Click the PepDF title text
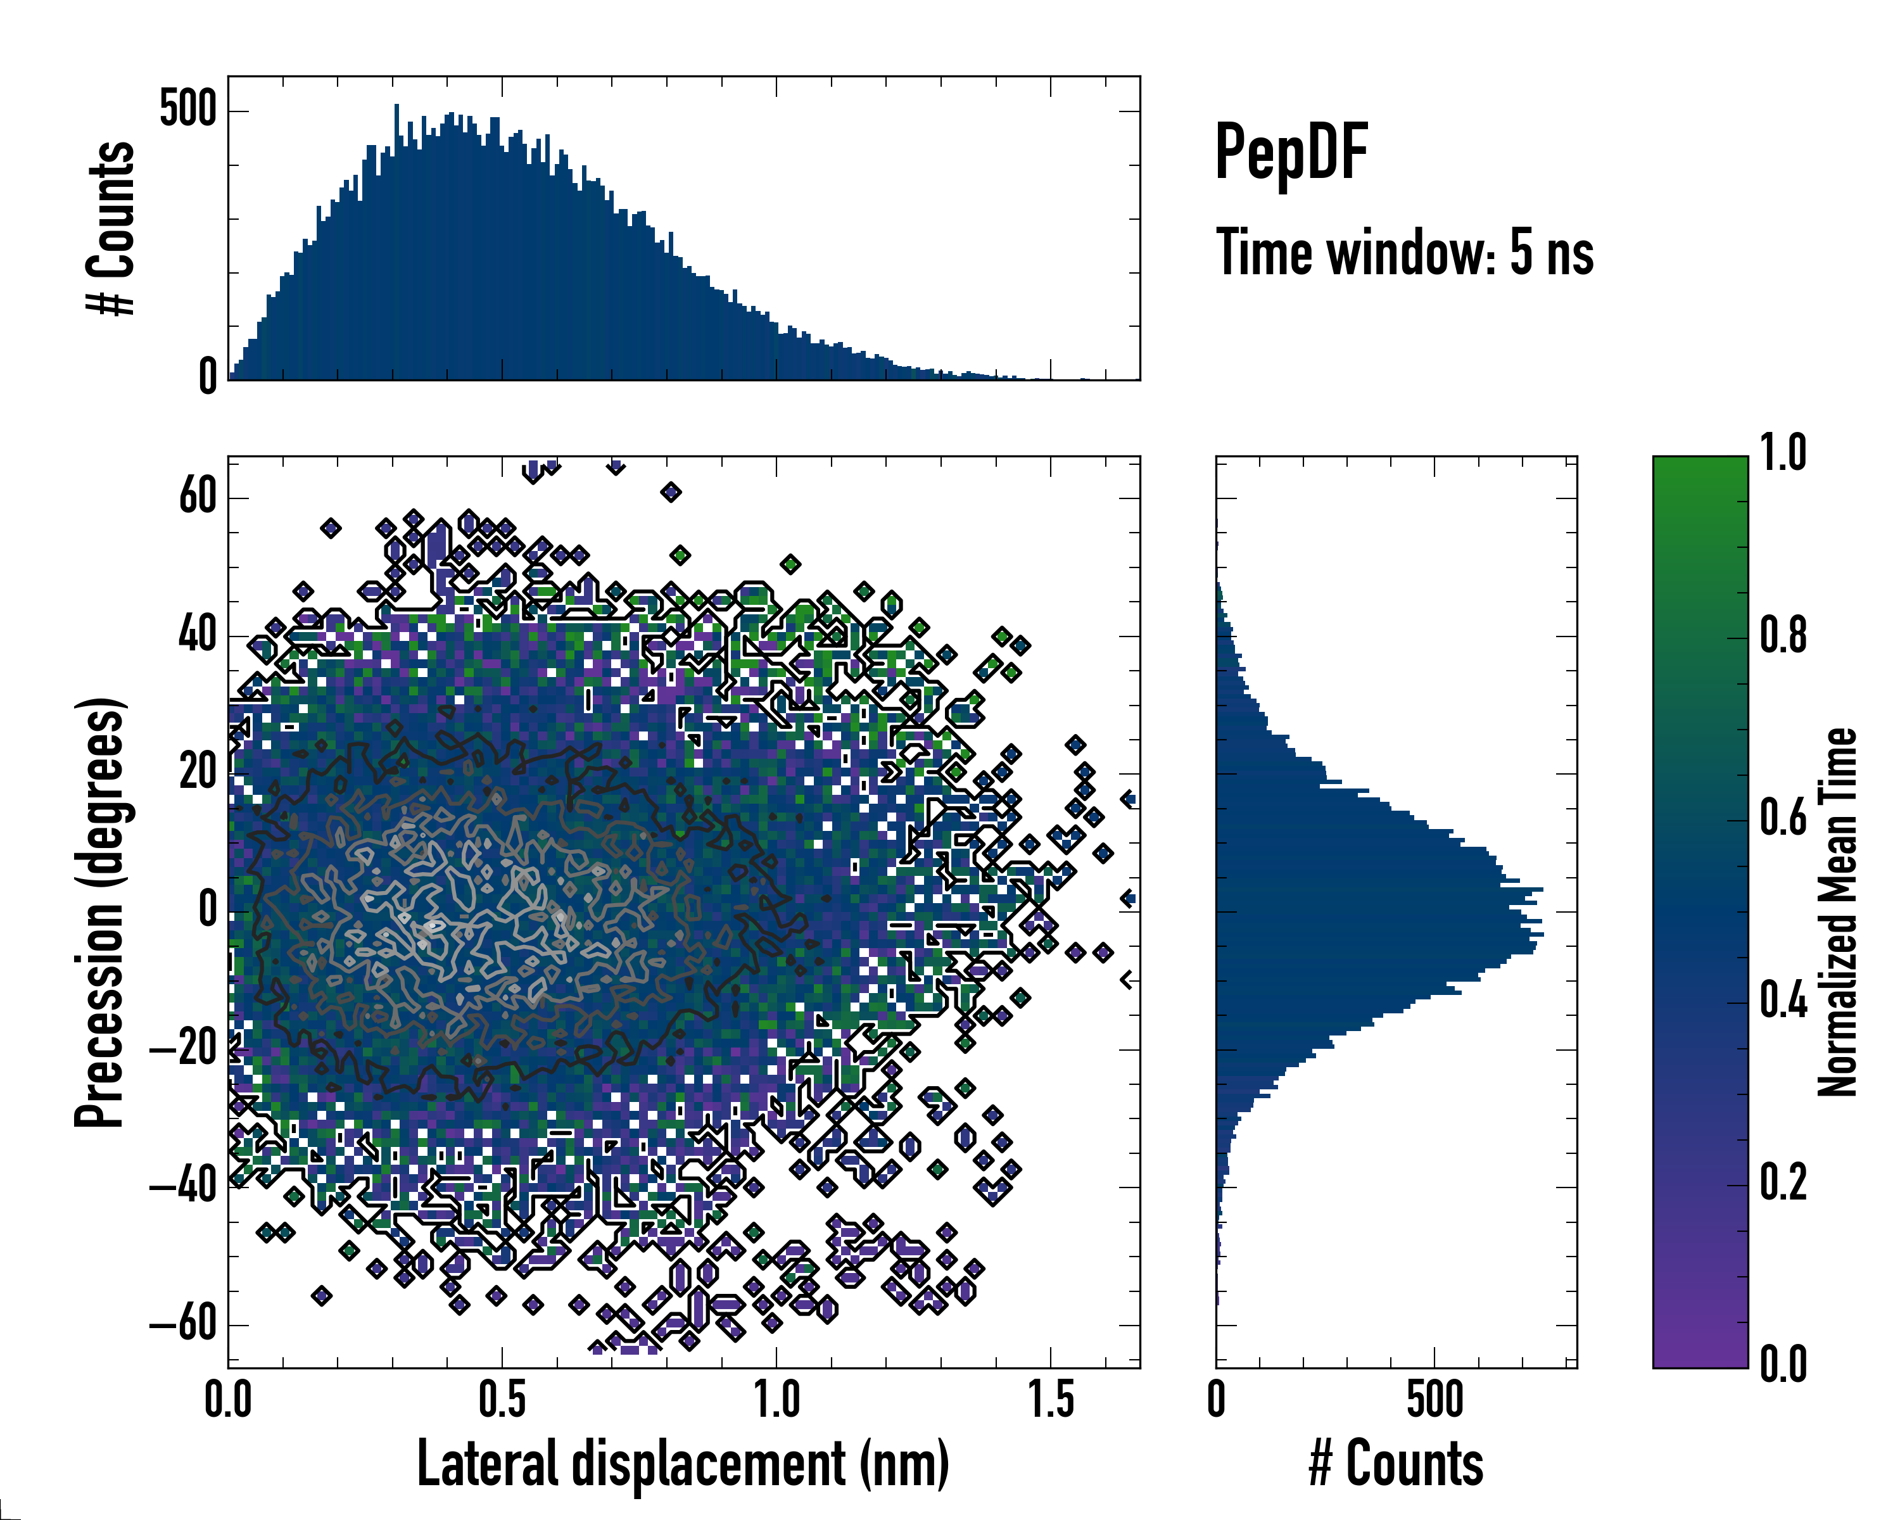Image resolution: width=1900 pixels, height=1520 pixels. pyautogui.click(x=1290, y=153)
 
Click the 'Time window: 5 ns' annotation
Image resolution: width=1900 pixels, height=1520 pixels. pyautogui.click(x=1404, y=253)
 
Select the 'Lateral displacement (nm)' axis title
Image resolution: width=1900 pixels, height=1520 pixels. pyautogui.click(x=683, y=1464)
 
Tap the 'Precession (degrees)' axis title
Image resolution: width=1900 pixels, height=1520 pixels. pyautogui.click(x=99, y=912)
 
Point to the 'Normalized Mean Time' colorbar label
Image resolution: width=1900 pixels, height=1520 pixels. pyautogui.click(x=1837, y=912)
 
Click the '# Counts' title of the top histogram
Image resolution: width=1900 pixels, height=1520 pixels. pyautogui.click(x=111, y=227)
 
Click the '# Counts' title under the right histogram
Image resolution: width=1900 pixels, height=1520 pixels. pyautogui.click(x=1396, y=1464)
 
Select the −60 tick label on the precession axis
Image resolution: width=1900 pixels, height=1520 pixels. pyautogui.click(x=183, y=1324)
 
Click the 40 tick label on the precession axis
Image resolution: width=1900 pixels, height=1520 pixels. pyautogui.click(x=198, y=635)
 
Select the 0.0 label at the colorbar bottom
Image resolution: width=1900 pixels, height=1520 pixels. pyautogui.click(x=1783, y=1364)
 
